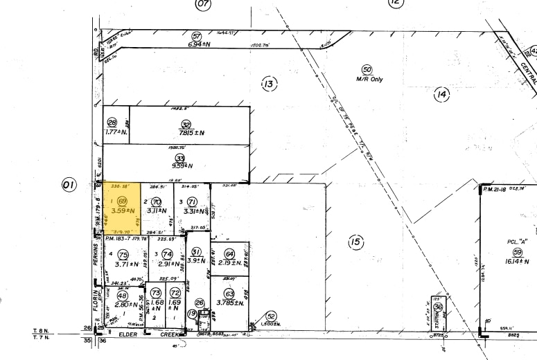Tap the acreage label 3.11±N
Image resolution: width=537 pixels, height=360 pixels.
[x=159, y=210]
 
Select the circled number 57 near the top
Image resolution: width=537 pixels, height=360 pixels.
[x=196, y=36]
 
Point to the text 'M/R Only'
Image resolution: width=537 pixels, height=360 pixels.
[x=369, y=79]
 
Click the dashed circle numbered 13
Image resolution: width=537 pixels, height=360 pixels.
[x=269, y=84]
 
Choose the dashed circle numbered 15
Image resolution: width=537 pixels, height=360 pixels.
[x=355, y=242]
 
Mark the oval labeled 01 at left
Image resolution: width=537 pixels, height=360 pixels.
[x=69, y=185]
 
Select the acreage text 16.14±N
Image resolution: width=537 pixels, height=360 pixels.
[x=517, y=264]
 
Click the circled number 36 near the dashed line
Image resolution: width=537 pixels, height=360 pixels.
[x=437, y=307]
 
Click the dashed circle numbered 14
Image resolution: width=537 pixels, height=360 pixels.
[x=442, y=95]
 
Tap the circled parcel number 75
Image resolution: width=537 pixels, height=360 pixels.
[x=124, y=254]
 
